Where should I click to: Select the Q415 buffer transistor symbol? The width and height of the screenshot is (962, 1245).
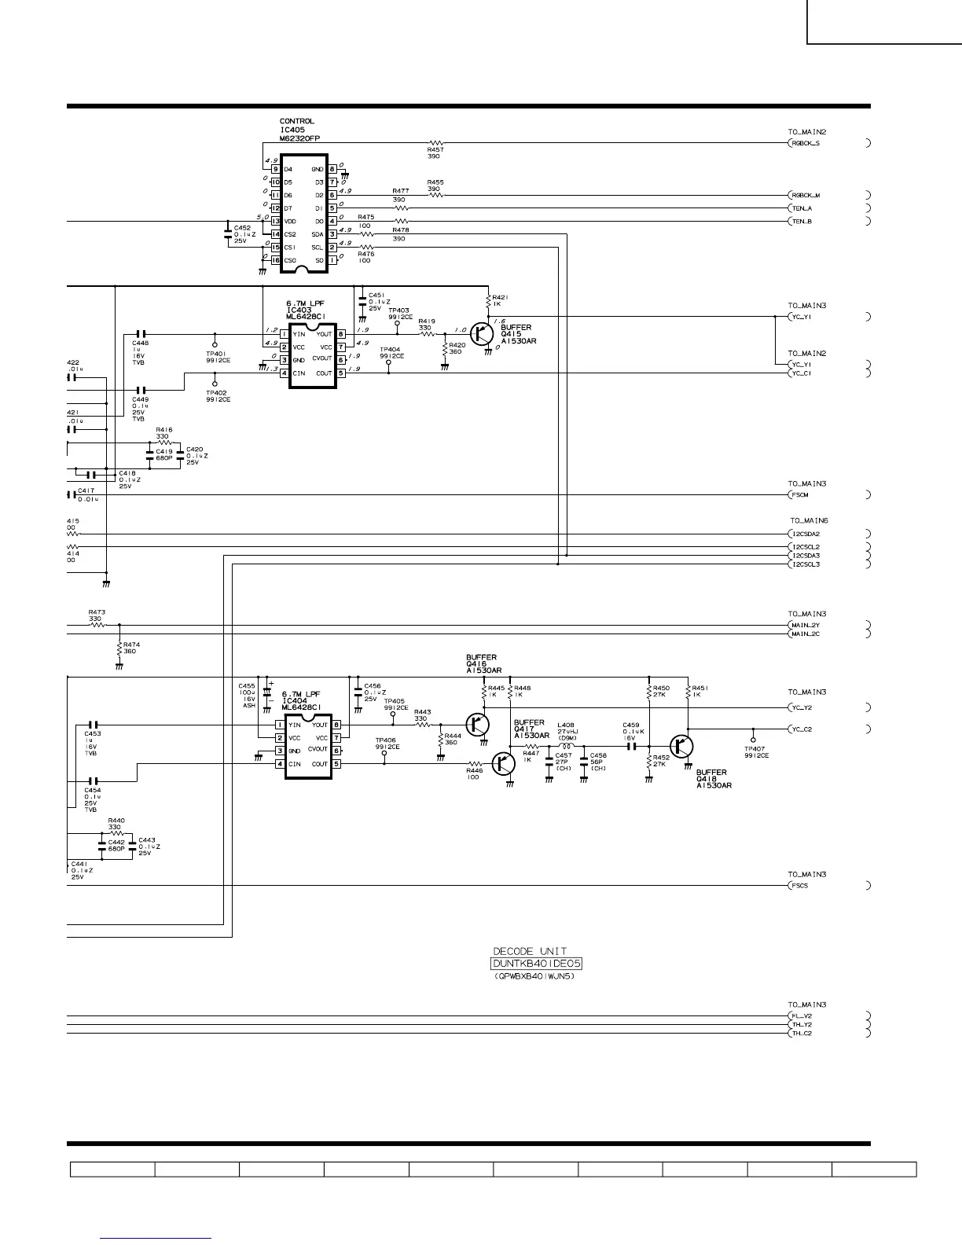tap(482, 334)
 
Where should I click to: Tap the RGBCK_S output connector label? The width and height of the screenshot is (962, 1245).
tap(805, 144)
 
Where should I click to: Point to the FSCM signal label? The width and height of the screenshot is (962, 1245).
tap(799, 495)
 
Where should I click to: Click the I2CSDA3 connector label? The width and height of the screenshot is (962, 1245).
tap(805, 556)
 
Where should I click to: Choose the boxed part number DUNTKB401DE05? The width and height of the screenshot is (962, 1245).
tap(537, 964)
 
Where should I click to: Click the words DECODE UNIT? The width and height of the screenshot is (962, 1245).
tap(530, 951)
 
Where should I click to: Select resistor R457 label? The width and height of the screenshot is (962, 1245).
tap(434, 149)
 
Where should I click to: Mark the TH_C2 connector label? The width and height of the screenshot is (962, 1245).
tap(802, 1034)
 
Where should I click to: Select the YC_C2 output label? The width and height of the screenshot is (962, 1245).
tap(802, 729)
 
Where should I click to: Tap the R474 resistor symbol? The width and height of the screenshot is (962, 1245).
tap(119, 648)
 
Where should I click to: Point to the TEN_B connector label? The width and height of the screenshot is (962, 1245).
tap(802, 222)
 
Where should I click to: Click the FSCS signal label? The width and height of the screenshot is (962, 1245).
tap(799, 886)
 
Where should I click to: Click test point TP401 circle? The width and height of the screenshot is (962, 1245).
tap(215, 344)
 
